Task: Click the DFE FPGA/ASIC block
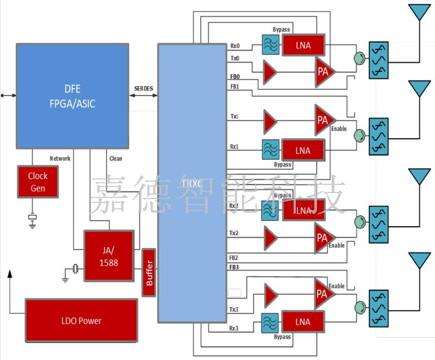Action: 72,96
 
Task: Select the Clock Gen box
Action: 38,182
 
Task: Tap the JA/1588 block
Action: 109,256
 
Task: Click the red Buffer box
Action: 149,272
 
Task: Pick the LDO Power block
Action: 81,321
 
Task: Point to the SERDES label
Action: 144,88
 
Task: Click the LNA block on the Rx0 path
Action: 303,45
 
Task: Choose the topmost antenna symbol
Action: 419,13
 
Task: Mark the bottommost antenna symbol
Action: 419,260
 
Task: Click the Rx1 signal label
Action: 235,147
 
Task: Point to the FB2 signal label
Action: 234,257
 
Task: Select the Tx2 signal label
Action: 234,233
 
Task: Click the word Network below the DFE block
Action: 60,159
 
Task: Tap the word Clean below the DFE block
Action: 116,159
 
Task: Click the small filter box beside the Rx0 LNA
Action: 270,45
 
